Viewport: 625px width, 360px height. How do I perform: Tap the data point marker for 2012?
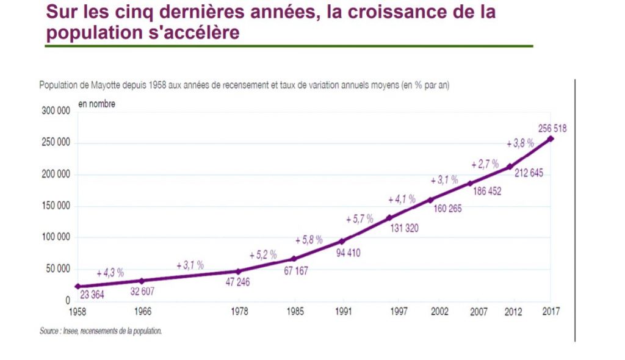point(510,167)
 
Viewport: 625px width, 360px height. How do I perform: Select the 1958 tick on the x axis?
point(77,311)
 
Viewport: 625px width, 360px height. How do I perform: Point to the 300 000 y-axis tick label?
point(56,112)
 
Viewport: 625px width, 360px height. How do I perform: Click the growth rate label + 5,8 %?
point(308,240)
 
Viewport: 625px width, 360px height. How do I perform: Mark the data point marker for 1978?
point(238,272)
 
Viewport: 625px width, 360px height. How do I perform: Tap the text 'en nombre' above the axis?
point(97,104)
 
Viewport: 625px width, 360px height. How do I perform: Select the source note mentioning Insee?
point(101,332)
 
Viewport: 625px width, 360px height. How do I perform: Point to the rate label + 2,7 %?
point(485,165)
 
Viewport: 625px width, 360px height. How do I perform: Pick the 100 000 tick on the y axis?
point(56,237)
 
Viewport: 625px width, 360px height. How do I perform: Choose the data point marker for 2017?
point(551,139)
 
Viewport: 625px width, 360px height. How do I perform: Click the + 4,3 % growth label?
point(110,272)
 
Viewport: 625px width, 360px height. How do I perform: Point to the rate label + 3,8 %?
point(521,143)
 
